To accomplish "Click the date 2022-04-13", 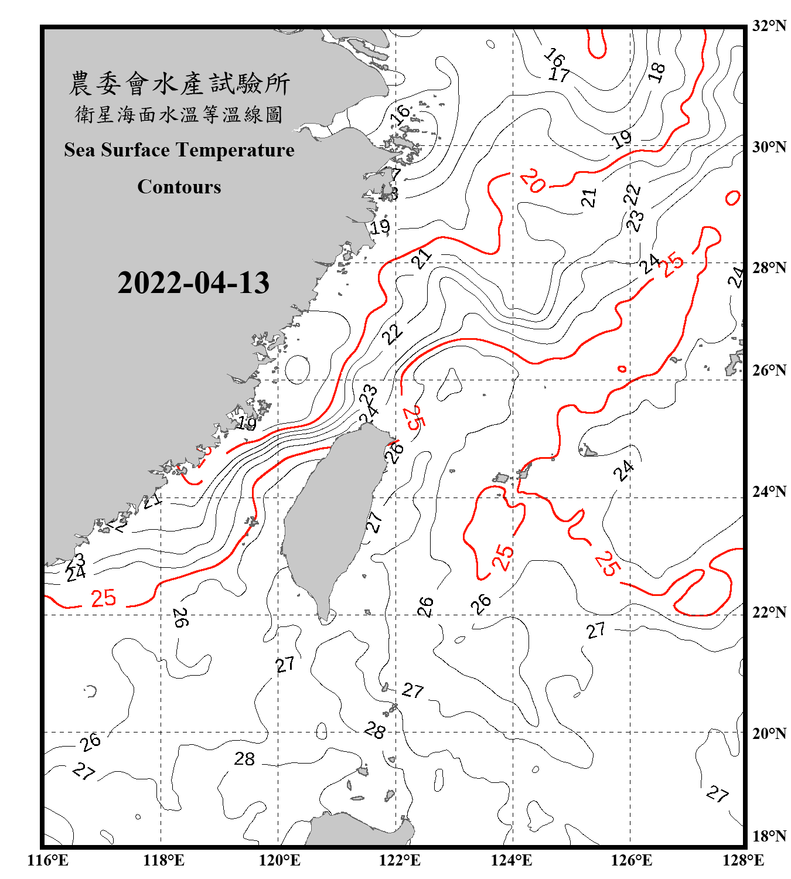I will point(193,283).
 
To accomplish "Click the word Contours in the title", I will point(179,187).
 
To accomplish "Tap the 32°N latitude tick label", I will point(769,26).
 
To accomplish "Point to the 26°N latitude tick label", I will point(769,370).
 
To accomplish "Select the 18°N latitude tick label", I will point(769,836).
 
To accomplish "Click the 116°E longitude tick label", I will point(47,860).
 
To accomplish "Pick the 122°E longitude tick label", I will point(400,860).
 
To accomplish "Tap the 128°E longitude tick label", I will point(743,860).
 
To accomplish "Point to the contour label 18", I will point(657,72).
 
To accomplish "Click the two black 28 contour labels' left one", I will point(244,759).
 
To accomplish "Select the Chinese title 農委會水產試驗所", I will point(179,84).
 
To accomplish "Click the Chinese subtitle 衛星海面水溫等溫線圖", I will point(179,114).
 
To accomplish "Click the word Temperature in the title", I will point(234,150).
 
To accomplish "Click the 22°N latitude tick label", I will point(769,612).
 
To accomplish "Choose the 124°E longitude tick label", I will point(512,860).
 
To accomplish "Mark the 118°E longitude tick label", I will point(163,860).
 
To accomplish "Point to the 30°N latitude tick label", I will point(769,146).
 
